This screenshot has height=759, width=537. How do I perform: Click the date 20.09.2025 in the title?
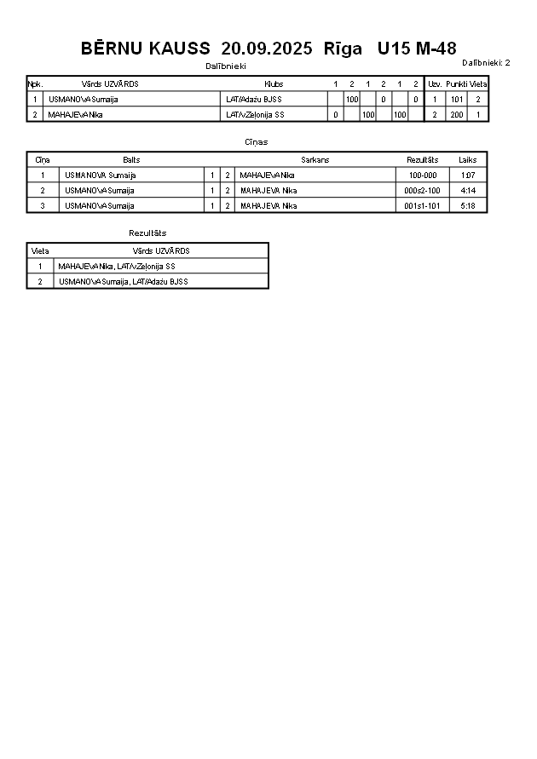(266, 49)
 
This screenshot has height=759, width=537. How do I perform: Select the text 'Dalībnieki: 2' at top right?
(486, 62)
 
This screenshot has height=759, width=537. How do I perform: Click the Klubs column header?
(274, 84)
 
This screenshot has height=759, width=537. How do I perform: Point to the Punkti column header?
(456, 84)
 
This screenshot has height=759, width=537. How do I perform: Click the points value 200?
(457, 114)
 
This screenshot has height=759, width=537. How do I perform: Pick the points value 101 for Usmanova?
(457, 100)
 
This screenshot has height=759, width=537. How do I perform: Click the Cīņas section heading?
(256, 142)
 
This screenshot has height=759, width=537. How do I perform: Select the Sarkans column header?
(315, 160)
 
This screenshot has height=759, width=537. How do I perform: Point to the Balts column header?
(131, 160)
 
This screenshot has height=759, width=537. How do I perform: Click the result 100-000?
(422, 175)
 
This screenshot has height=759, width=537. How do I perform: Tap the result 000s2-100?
(422, 191)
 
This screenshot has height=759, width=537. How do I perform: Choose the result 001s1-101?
(422, 206)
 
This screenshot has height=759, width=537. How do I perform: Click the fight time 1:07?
(467, 175)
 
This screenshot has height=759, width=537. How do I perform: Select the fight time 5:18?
(467, 206)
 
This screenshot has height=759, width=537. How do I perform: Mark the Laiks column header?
(467, 160)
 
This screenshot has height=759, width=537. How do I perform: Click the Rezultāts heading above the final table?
(147, 233)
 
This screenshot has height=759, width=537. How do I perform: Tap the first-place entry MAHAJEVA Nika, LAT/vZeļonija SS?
(117, 267)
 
